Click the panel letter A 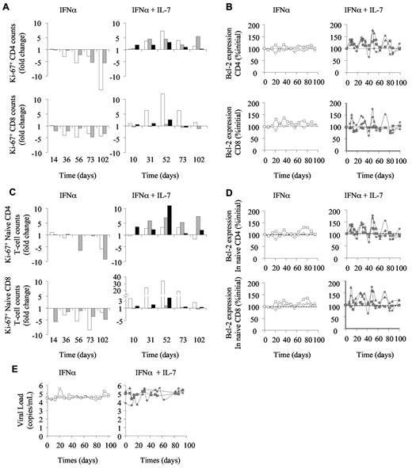pos(6,6)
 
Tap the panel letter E pos(6,361)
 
